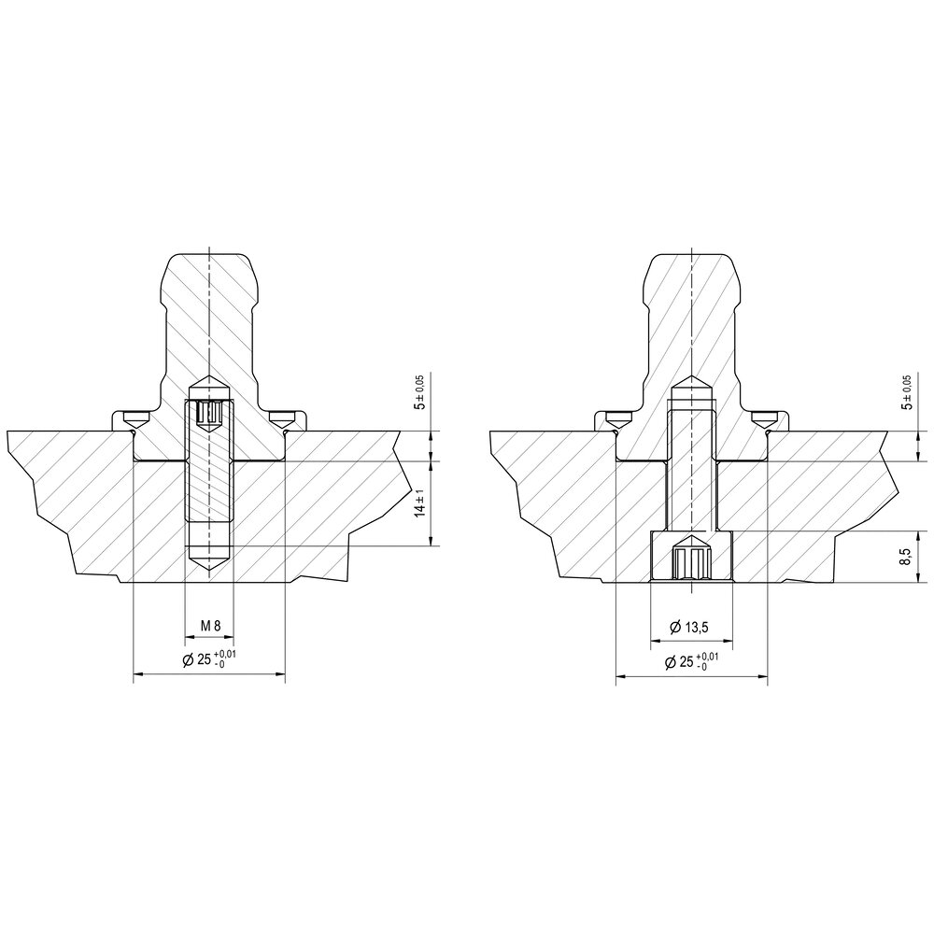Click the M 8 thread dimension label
(x=209, y=625)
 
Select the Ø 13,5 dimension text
(x=690, y=627)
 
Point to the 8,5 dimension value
(x=904, y=557)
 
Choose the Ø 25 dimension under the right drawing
(x=690, y=662)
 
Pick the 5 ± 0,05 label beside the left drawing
(x=420, y=392)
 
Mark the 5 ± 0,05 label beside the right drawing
(x=904, y=392)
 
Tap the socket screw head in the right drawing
(x=690, y=561)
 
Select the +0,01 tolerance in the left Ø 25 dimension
(x=225, y=653)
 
